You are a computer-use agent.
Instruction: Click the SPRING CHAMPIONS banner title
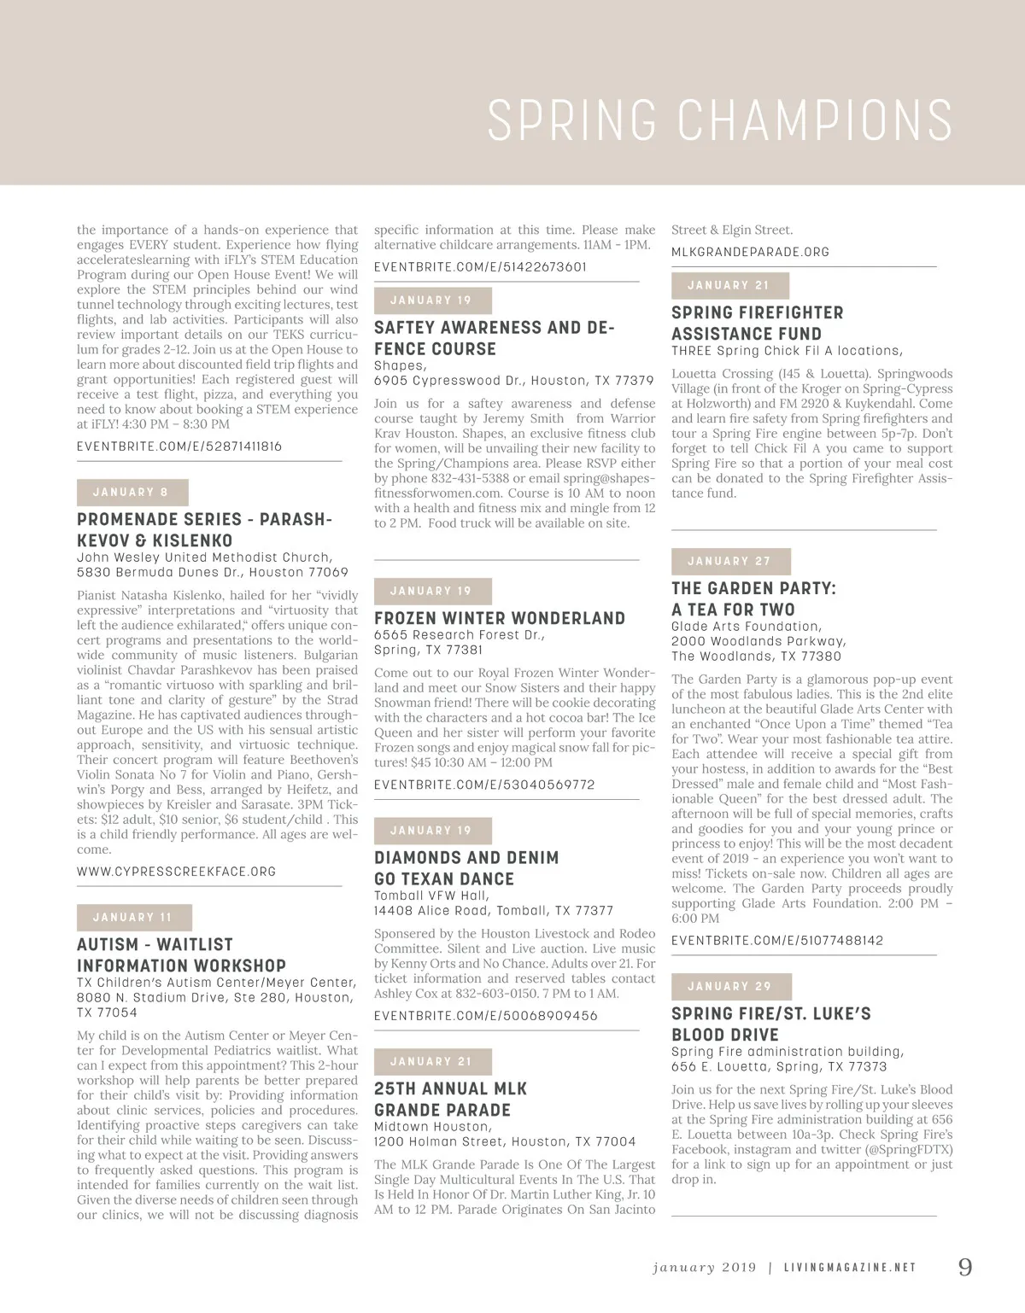click(719, 120)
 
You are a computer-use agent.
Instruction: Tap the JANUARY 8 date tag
click(132, 493)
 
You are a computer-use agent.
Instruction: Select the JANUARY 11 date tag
click(133, 918)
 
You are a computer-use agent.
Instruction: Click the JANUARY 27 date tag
click(729, 562)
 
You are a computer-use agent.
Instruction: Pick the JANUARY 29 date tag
click(730, 987)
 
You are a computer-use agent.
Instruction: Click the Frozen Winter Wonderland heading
click(500, 618)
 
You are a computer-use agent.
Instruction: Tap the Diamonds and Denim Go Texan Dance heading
click(466, 868)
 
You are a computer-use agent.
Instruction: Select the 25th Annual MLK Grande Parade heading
click(451, 1100)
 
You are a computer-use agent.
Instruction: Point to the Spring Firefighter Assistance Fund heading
click(757, 324)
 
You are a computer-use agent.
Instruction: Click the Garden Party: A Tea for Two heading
click(753, 598)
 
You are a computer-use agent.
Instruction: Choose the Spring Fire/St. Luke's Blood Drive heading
click(770, 1024)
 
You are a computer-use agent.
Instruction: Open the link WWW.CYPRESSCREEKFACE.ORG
click(177, 872)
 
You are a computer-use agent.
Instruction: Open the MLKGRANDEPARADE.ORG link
click(750, 252)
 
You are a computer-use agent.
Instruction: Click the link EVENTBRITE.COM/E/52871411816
click(179, 446)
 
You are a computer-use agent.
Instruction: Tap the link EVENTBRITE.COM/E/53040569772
click(484, 785)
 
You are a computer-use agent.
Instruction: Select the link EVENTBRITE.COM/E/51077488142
click(777, 941)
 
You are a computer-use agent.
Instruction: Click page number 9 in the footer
click(964, 1267)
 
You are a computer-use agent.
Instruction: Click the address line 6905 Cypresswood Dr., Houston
click(513, 381)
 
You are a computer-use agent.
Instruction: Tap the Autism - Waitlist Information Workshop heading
click(181, 955)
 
